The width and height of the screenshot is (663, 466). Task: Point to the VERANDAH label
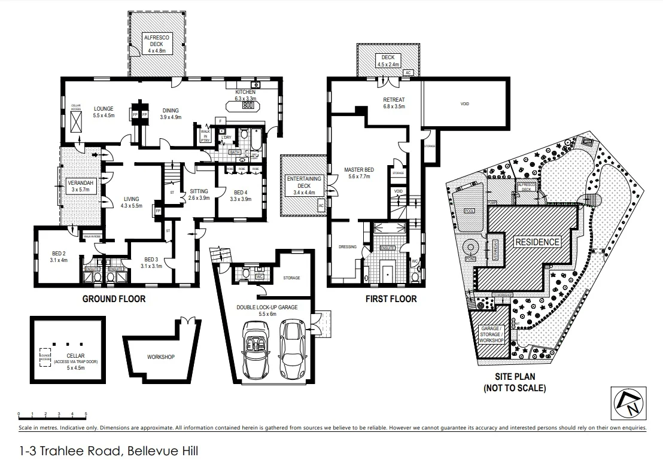tap(80, 185)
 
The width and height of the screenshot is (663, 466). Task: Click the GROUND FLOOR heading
tap(114, 299)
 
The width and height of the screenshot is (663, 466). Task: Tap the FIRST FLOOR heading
tap(391, 299)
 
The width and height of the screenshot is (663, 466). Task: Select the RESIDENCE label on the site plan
tap(537, 242)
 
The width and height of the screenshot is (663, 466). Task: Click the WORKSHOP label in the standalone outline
tap(160, 357)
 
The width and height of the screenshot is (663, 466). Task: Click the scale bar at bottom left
tap(52, 414)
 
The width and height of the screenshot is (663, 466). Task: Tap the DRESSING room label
tap(347, 246)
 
